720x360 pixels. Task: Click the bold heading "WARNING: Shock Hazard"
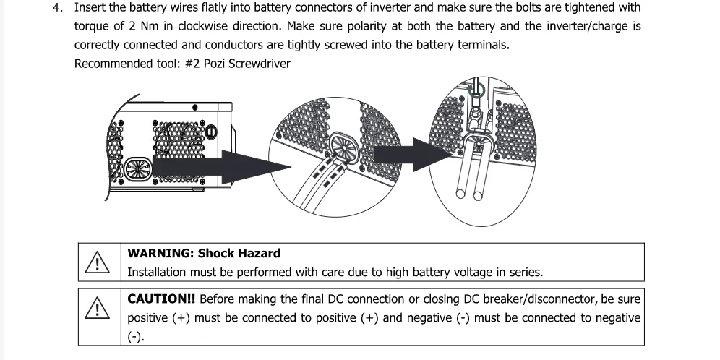point(204,254)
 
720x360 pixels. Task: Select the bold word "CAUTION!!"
point(160,299)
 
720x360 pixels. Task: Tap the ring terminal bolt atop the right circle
point(475,91)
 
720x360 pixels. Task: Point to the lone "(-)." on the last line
point(136,337)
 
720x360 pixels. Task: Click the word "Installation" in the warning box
point(157,273)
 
